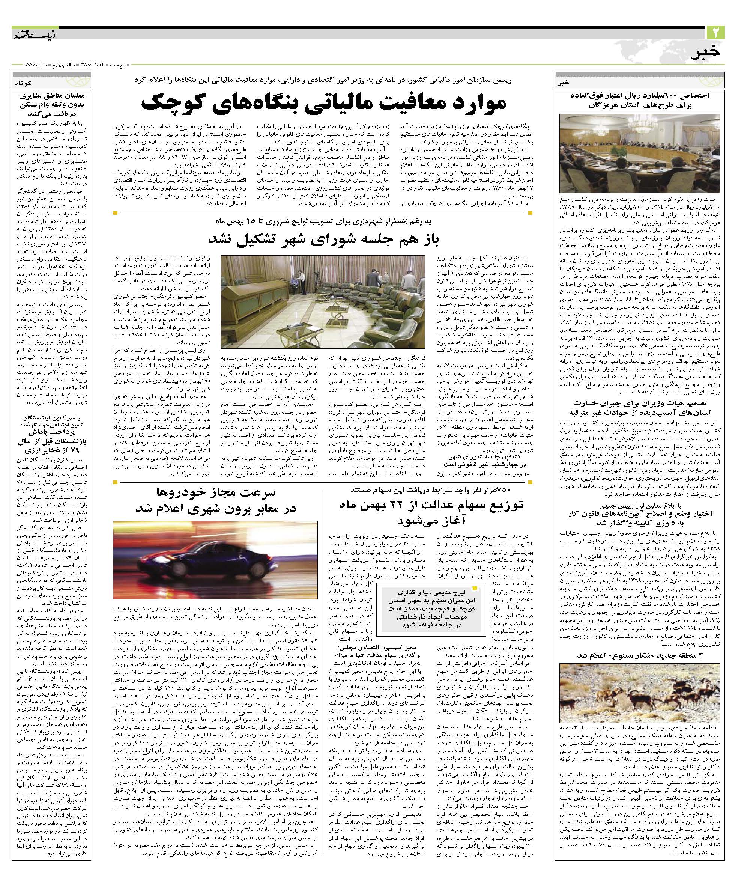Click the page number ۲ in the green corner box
coord(715,33)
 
